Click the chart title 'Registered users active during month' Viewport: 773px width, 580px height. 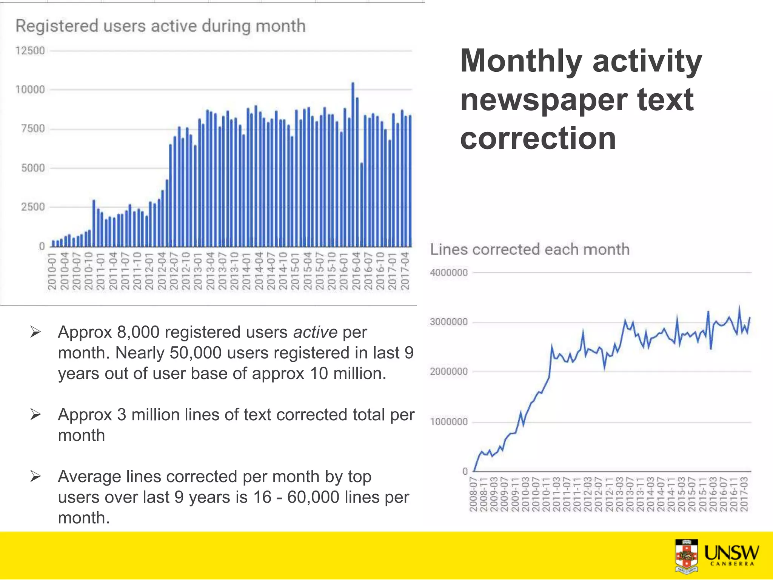coord(160,26)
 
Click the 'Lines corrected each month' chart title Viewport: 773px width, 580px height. coord(530,250)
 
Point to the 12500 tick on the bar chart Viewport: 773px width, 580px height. coord(30,51)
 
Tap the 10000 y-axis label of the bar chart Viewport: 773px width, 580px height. coord(30,90)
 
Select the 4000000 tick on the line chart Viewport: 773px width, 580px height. coord(448,273)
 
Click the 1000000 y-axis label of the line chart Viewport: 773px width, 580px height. coord(448,422)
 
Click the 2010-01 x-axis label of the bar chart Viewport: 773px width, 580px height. coord(52,271)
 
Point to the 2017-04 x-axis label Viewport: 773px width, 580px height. coord(405,271)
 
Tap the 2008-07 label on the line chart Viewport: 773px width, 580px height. coord(473,494)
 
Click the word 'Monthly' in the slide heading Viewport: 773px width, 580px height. coord(521,62)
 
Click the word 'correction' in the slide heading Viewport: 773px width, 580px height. coord(538,139)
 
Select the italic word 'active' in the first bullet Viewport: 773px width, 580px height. coord(315,333)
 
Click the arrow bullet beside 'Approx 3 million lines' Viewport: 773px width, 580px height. coord(35,415)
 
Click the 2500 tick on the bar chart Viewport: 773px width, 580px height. coord(33,207)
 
